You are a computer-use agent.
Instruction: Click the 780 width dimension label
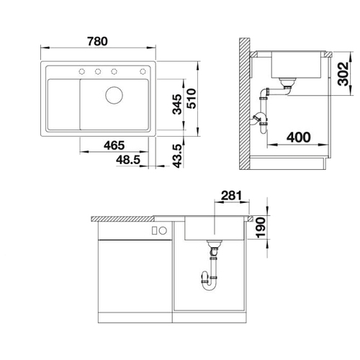pyautogui.click(x=97, y=41)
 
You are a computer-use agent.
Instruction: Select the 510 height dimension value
pyautogui.click(x=192, y=99)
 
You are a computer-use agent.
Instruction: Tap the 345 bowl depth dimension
pyautogui.click(x=178, y=104)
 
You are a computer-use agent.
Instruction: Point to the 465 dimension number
pyautogui.click(x=114, y=145)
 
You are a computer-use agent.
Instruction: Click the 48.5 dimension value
pyautogui.click(x=128, y=160)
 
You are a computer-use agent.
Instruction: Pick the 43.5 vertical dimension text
pyautogui.click(x=177, y=156)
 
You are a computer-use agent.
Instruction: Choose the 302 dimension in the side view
pyautogui.click(x=343, y=73)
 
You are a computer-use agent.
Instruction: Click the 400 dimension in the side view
pyautogui.click(x=299, y=138)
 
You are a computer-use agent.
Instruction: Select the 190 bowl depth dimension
pyautogui.click(x=261, y=228)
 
